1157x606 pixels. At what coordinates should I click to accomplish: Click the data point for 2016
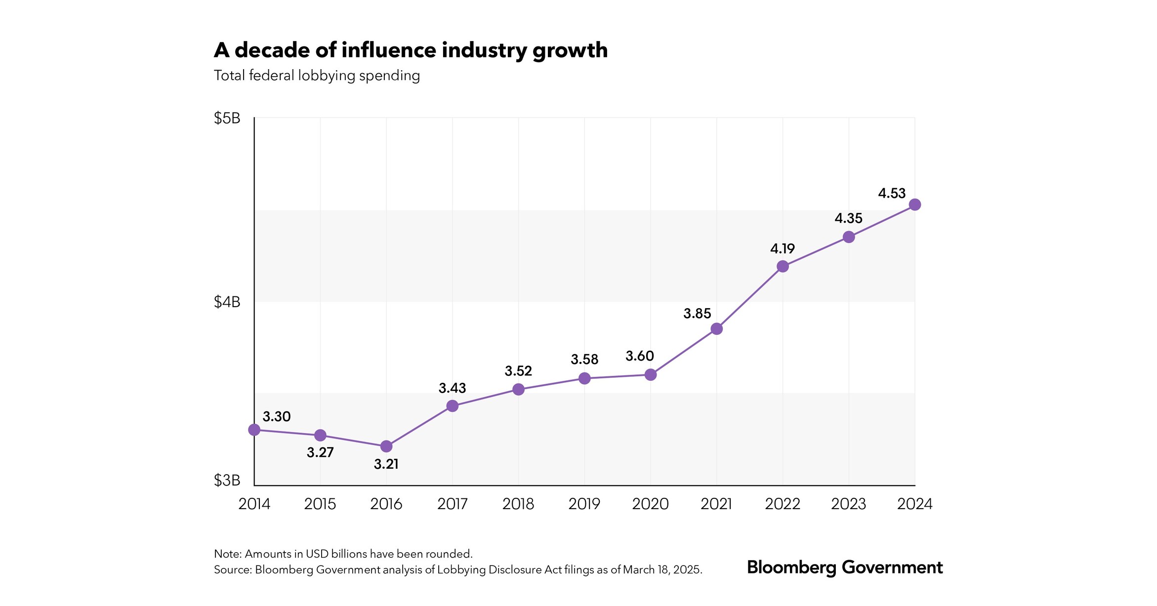pos(386,446)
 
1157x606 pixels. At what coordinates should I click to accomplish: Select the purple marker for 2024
pos(915,204)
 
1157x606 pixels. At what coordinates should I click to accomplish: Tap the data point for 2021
pos(717,329)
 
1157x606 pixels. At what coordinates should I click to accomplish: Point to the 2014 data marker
pos(254,430)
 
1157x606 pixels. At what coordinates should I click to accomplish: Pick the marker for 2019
pos(584,378)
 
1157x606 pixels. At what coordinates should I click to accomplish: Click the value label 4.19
pos(783,248)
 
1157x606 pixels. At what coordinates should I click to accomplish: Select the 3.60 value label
pos(640,356)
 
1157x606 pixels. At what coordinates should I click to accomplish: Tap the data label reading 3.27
pos(320,452)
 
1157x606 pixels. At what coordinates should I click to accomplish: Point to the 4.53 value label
pos(892,193)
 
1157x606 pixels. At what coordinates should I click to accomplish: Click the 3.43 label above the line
pos(452,388)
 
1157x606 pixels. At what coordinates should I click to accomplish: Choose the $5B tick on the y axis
pos(227,118)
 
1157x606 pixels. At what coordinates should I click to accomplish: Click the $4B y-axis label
pos(227,302)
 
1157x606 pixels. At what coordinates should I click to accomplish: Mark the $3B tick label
pos(227,480)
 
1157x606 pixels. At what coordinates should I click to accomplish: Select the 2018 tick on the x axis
pos(518,504)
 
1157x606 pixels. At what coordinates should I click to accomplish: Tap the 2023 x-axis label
pos(849,504)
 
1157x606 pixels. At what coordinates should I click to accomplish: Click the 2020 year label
pos(651,504)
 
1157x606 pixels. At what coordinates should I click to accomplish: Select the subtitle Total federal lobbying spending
pos(317,76)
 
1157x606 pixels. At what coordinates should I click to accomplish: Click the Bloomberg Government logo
pos(845,567)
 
